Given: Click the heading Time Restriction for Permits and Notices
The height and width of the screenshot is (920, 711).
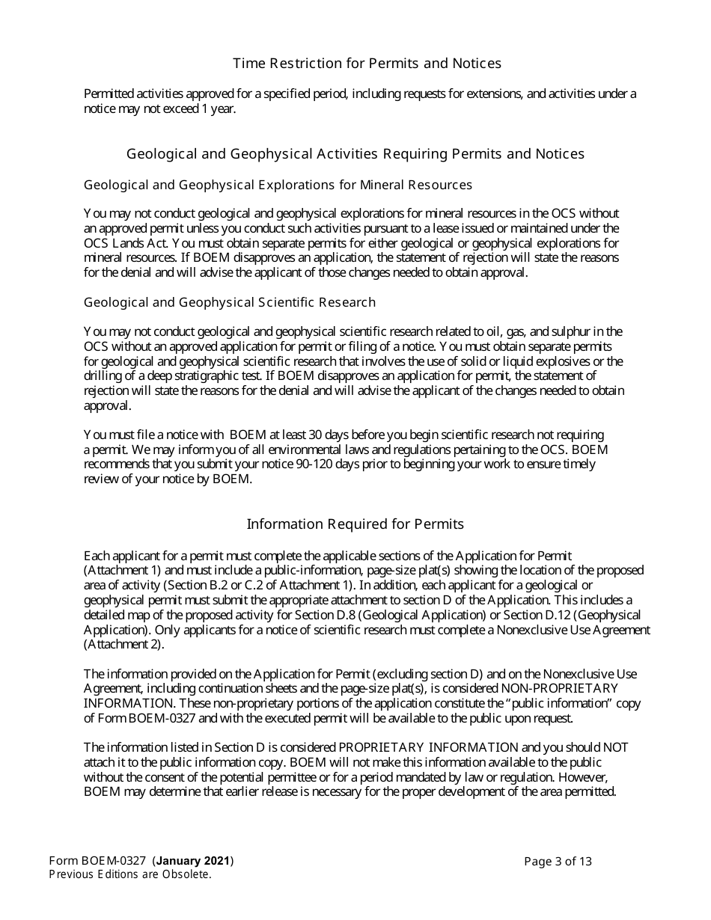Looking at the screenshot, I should [x=367, y=64].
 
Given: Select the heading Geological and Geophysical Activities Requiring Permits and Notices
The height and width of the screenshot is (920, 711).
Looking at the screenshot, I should [x=355, y=154].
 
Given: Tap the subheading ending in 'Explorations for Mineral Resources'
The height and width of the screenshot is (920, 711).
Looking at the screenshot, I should [x=278, y=185].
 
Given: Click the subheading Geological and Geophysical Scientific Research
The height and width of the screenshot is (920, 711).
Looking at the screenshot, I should [x=229, y=303].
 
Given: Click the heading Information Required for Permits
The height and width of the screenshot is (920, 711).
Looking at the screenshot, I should [x=355, y=524].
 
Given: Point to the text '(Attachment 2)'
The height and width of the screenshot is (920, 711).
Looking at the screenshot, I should [x=123, y=644].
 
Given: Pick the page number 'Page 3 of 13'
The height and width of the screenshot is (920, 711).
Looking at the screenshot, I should [x=558, y=861].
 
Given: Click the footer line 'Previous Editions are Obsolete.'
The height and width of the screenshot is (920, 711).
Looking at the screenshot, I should [x=129, y=874].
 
